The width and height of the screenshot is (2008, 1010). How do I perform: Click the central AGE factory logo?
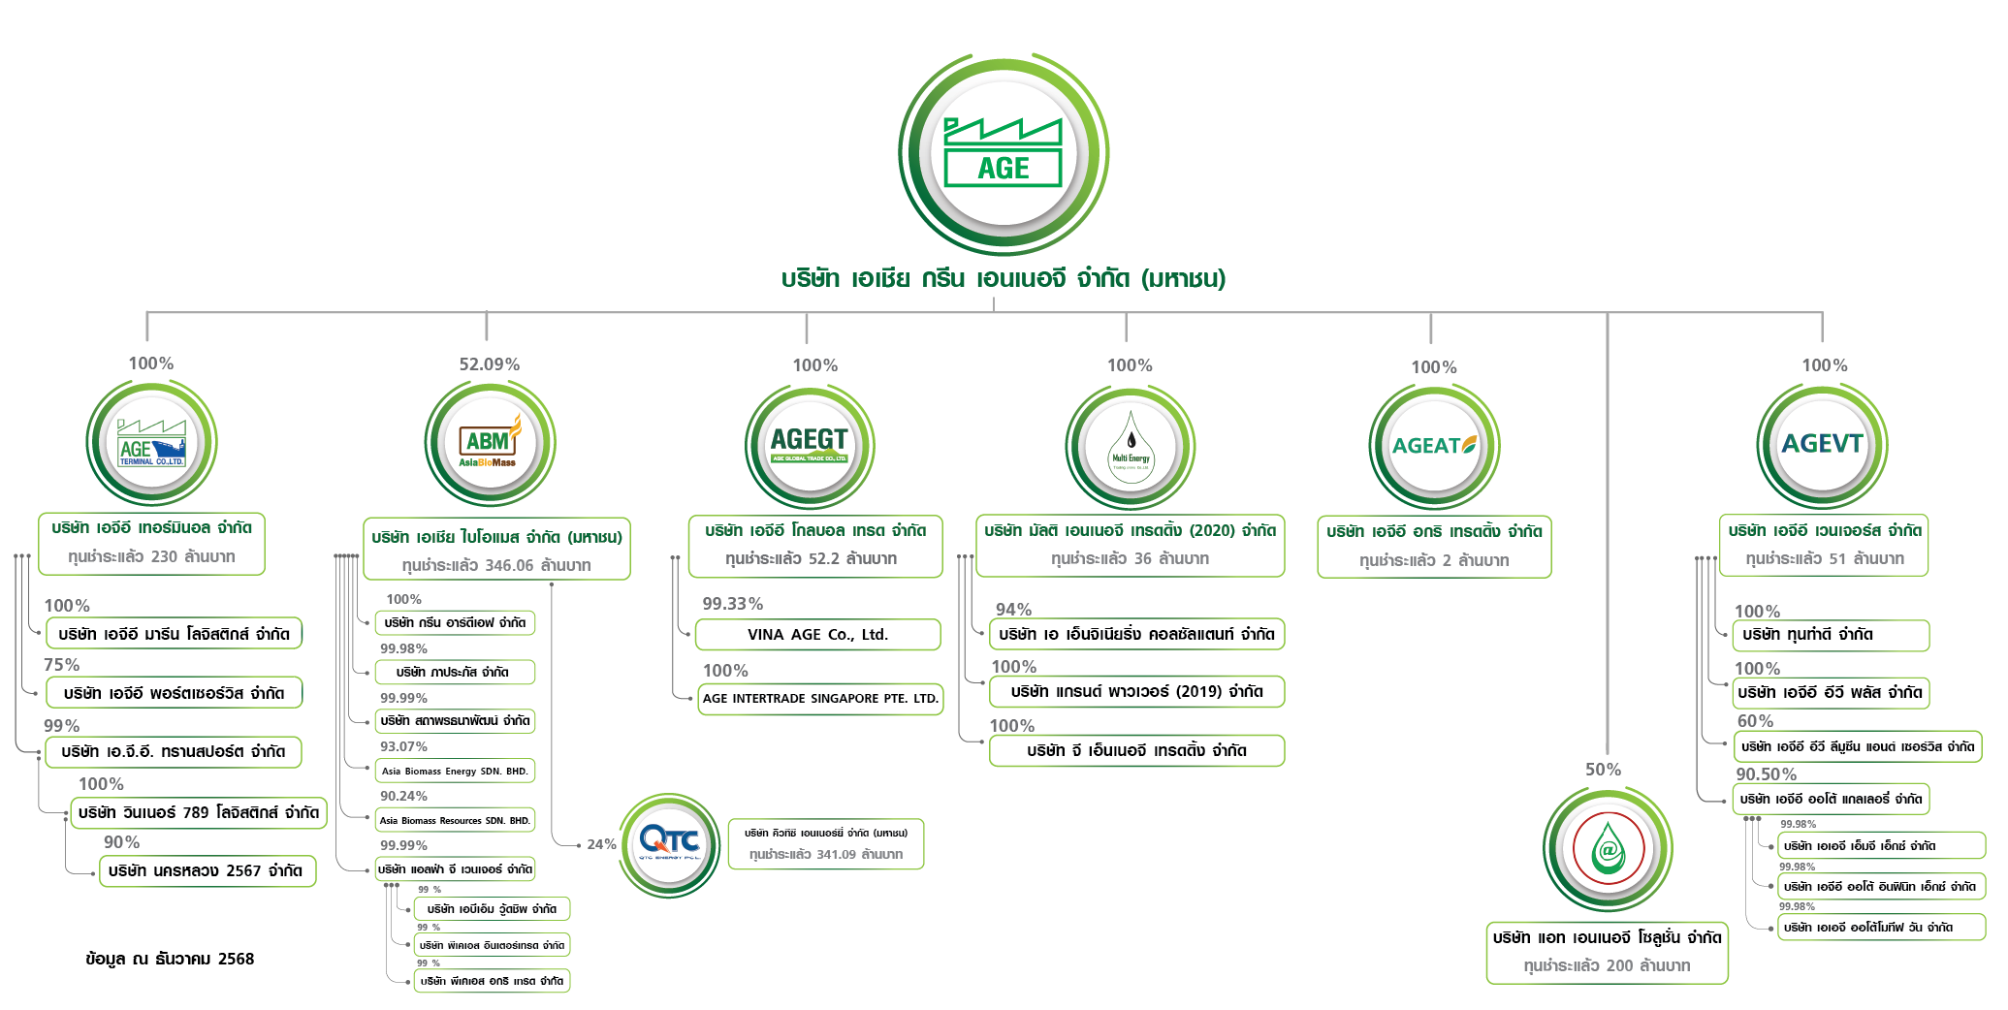(1003, 153)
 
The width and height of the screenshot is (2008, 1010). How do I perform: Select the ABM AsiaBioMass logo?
(490, 445)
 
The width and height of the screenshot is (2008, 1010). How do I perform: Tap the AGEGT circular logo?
(810, 445)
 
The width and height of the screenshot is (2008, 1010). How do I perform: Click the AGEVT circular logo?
(1822, 444)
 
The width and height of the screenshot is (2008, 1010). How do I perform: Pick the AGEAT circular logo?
(1434, 446)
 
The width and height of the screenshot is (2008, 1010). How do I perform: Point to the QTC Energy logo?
(669, 843)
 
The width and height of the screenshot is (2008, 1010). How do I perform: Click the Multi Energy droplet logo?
(1131, 448)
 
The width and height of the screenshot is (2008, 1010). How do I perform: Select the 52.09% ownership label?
(489, 364)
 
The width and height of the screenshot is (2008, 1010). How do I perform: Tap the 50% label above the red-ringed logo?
(1603, 770)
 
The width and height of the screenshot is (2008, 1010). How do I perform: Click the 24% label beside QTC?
(601, 844)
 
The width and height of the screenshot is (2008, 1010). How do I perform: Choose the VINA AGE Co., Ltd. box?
(817, 635)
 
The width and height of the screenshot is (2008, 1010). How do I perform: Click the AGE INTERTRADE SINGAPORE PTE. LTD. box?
(820, 699)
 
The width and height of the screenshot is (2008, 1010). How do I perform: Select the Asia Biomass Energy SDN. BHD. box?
(455, 772)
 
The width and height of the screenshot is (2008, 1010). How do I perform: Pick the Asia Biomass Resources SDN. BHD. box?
(455, 820)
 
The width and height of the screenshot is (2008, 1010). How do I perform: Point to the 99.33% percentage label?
(732, 604)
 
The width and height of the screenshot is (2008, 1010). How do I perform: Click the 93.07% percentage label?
(403, 746)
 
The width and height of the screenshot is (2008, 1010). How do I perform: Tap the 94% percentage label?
(1013, 609)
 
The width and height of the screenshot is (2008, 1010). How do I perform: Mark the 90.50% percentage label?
(1766, 774)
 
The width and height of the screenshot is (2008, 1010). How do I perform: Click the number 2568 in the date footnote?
(236, 959)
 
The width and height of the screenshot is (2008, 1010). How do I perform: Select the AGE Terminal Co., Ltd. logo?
(151, 444)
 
